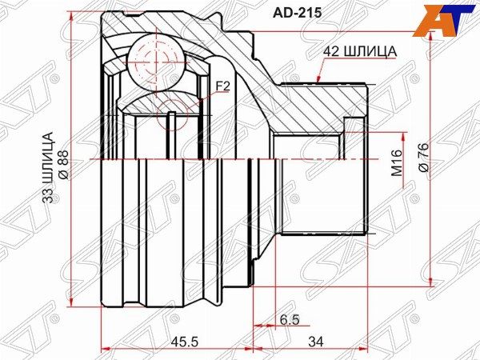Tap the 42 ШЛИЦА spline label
coord(360,51)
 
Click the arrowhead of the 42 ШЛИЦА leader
coord(318,81)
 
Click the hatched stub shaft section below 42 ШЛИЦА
coord(320,104)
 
